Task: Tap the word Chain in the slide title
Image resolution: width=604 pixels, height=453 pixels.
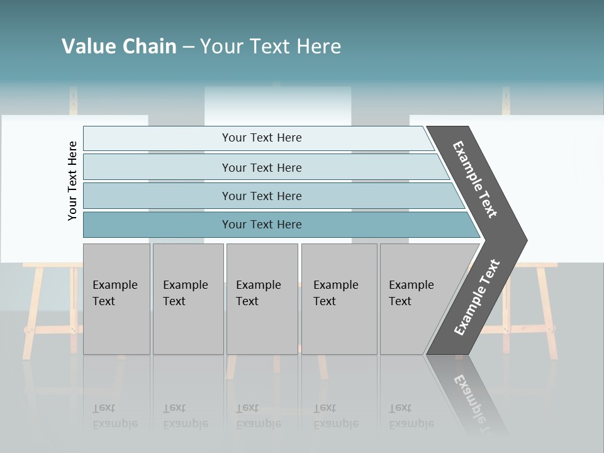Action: coord(149,47)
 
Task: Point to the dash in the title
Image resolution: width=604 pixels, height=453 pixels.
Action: coord(188,47)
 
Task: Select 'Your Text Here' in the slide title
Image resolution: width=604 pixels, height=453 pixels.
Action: coord(271,47)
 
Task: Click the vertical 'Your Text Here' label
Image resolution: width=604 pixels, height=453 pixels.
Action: coord(72,181)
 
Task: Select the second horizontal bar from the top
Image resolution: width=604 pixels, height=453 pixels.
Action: coord(262,167)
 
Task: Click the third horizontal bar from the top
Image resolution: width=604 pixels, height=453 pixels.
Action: coord(262,196)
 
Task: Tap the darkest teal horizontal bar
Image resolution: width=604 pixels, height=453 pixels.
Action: coord(262,225)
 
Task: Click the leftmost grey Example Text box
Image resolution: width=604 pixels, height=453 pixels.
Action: coord(116,298)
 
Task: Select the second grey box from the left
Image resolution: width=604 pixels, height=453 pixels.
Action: coord(187,298)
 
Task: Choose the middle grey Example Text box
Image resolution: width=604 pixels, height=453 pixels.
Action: coord(262,298)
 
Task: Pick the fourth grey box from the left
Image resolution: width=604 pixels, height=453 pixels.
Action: coord(338,298)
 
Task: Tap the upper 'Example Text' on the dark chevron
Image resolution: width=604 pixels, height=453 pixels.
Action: coord(475,179)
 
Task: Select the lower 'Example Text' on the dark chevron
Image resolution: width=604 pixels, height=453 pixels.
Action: coord(476,298)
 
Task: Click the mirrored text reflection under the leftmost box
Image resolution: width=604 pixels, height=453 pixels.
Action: coord(115,416)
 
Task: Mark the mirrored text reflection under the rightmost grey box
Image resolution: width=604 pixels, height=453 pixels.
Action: coord(411,416)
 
